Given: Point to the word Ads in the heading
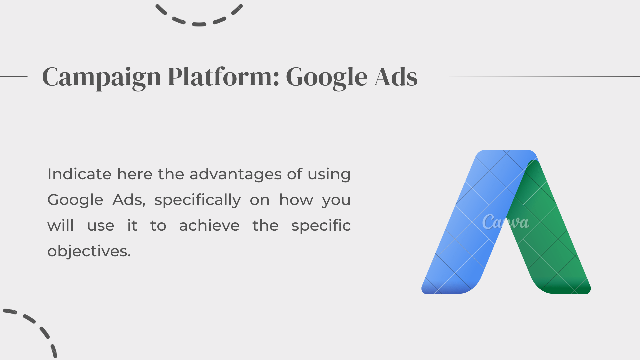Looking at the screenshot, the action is coord(396,77).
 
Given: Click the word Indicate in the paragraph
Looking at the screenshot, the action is coord(79,174).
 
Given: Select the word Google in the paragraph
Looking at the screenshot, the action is coord(75,200).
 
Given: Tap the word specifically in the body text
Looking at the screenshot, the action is coord(197,200).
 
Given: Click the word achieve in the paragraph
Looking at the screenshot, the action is coord(209,226).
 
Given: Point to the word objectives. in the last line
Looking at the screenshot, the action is coord(89,251).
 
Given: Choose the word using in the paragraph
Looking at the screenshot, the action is coord(329,174).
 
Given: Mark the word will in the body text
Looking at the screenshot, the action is coord(60,226).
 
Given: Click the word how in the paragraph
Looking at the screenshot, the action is coord(296,200).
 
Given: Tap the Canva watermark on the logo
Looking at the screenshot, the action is coord(505,222).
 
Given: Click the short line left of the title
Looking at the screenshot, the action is coord(14,76).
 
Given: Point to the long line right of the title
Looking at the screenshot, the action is coord(541,77).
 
